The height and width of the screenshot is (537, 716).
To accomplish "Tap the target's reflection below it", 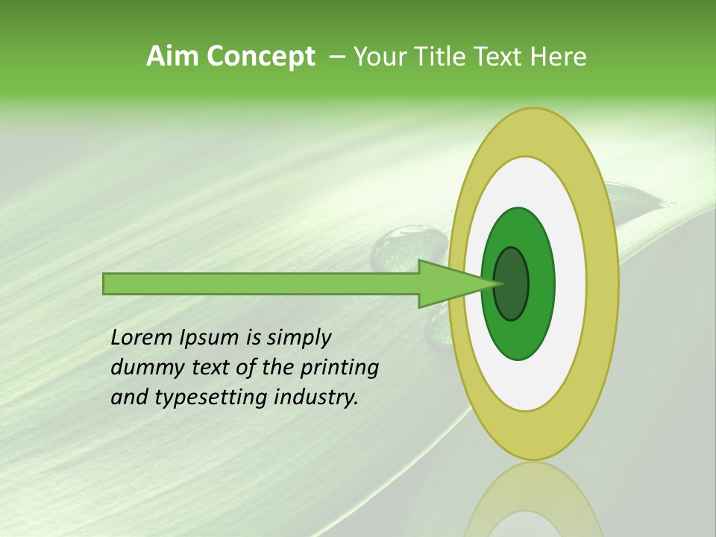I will click(533, 500).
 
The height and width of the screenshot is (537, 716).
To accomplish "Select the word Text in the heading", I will click(500, 57).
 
